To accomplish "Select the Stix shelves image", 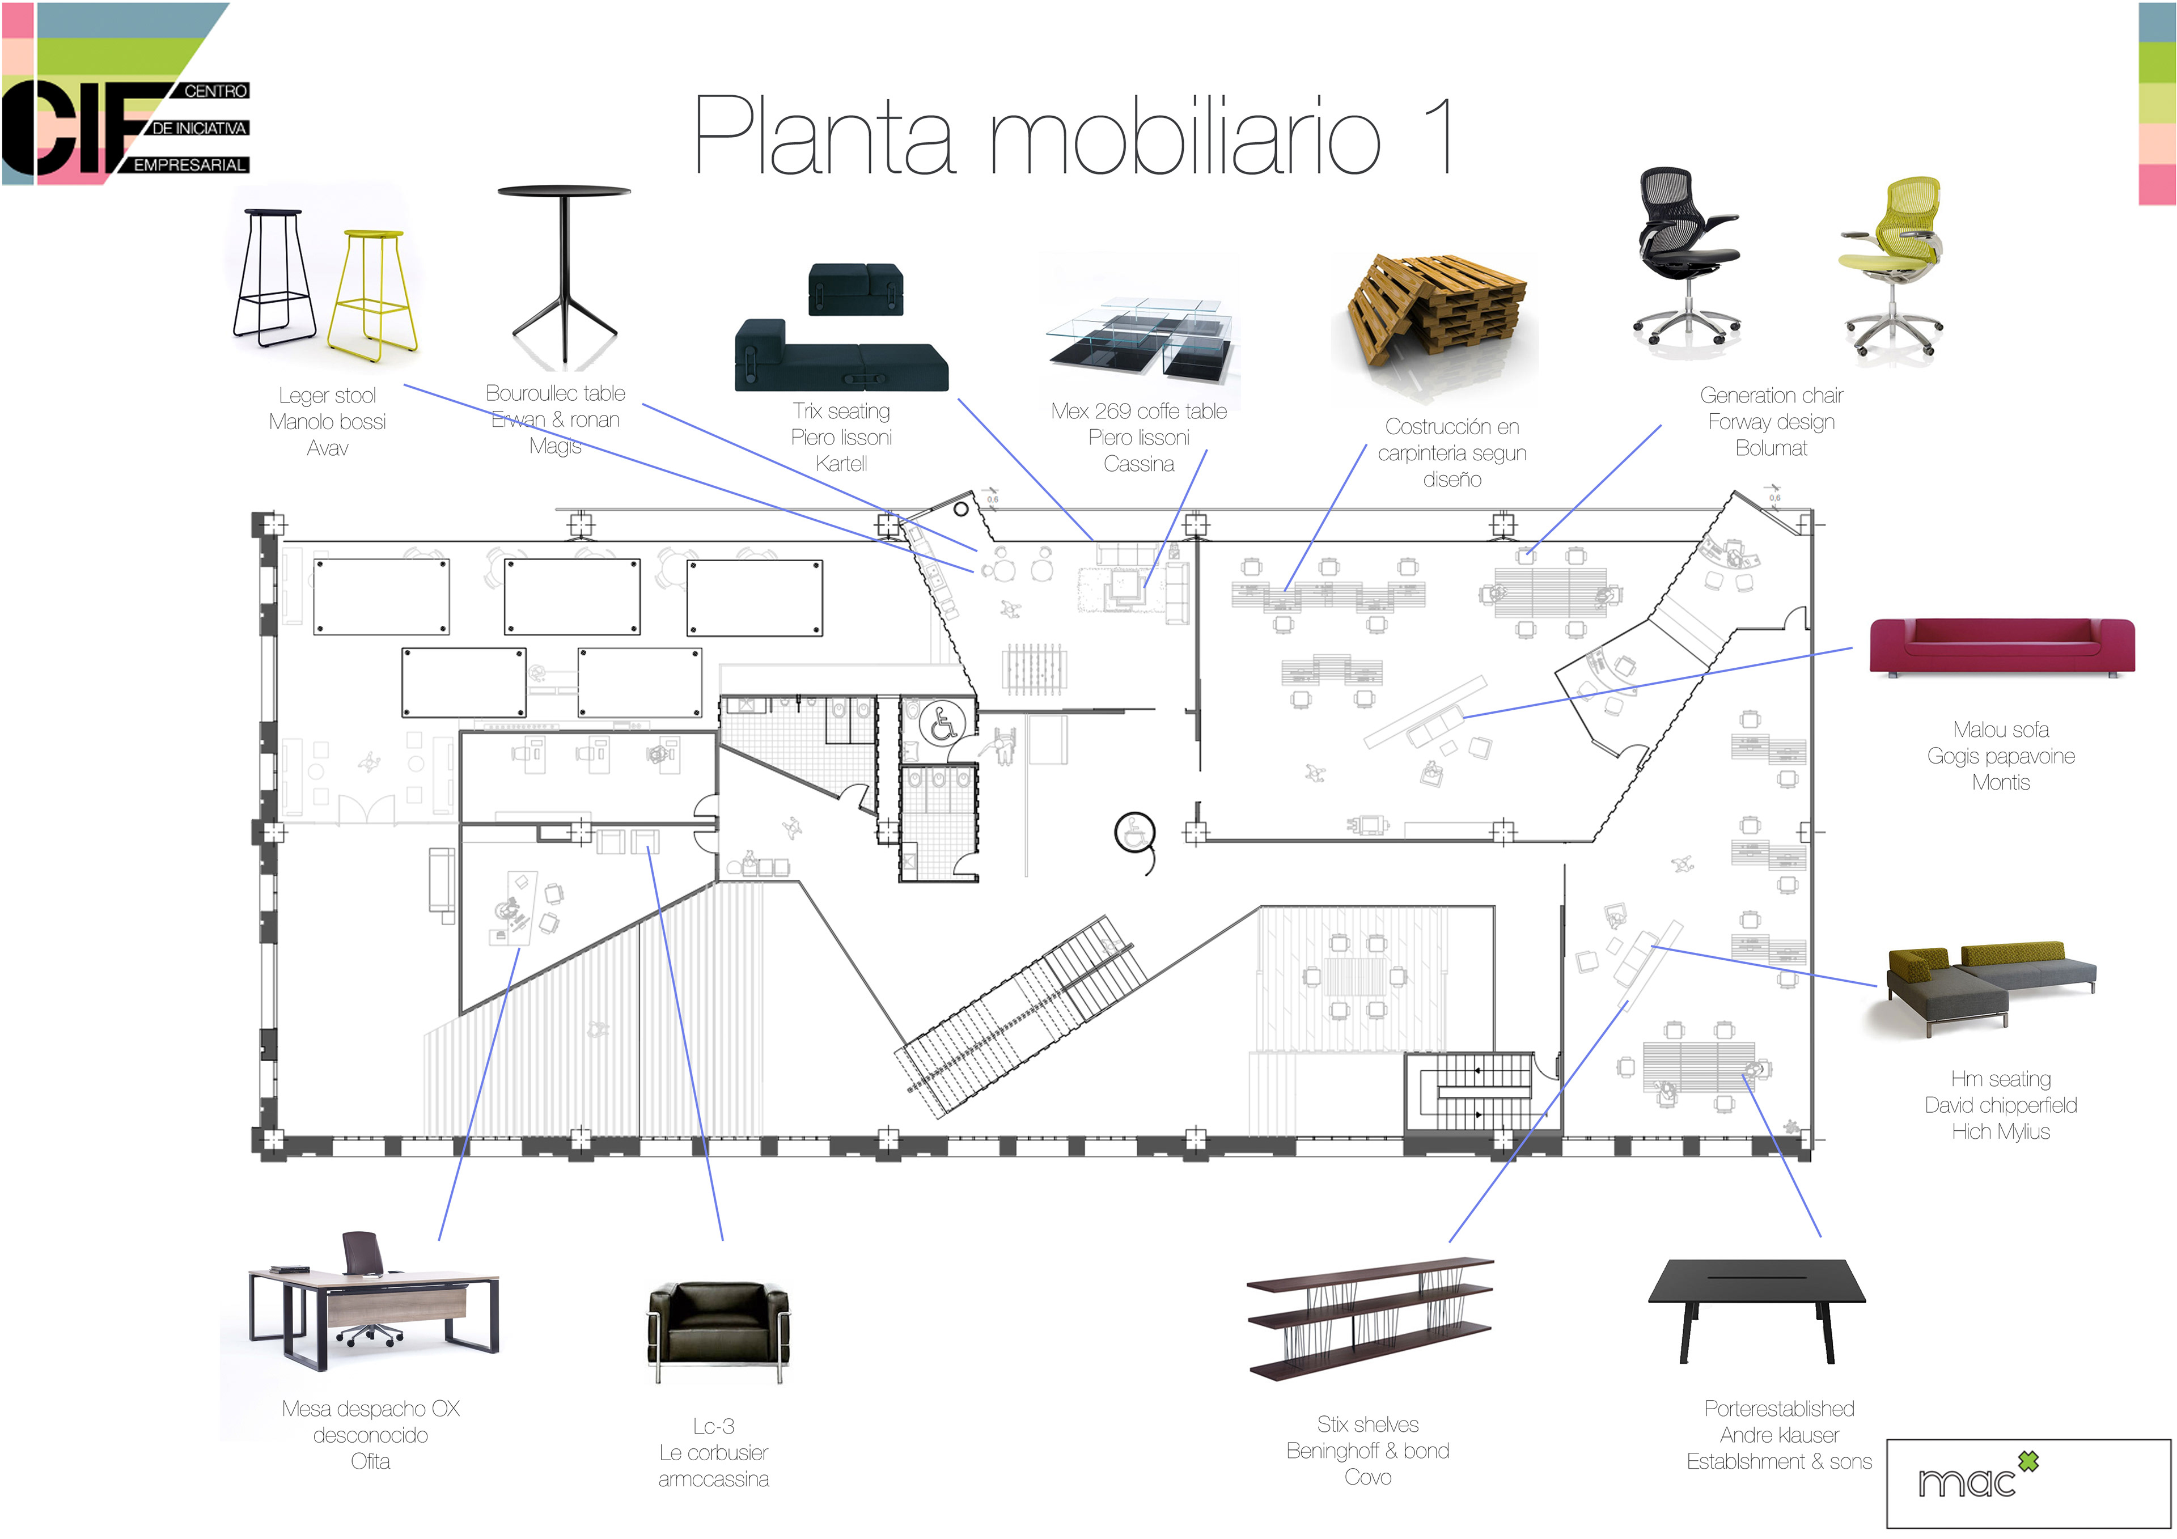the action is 1370,1318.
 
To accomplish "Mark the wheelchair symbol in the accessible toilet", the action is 942,723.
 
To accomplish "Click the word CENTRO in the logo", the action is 215,91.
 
